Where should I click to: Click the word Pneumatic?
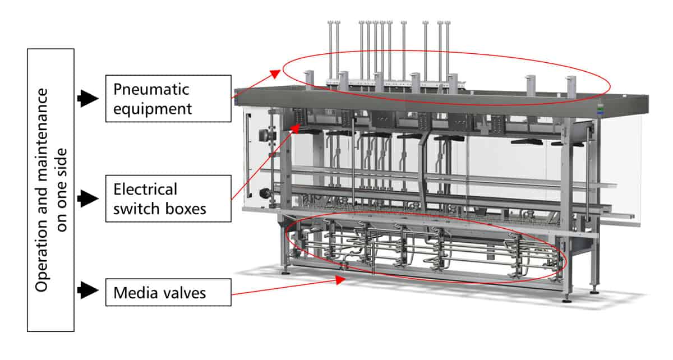(x=151, y=89)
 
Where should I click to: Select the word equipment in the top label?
(x=153, y=108)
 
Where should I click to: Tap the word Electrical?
(x=145, y=189)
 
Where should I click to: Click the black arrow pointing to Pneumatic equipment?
(x=87, y=98)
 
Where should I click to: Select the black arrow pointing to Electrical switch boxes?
(x=87, y=197)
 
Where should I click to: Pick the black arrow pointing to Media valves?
(x=87, y=290)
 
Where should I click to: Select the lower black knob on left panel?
(x=261, y=194)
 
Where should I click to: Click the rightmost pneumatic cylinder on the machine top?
(x=571, y=84)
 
